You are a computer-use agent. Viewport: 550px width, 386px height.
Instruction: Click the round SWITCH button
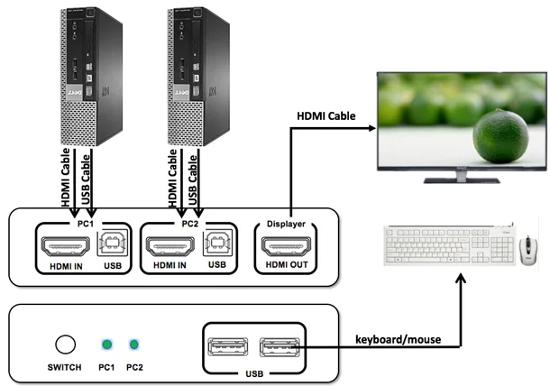tap(64, 344)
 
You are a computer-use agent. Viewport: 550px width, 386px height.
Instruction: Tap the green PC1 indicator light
tap(106, 344)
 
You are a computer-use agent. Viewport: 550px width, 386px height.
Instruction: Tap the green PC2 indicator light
tap(134, 344)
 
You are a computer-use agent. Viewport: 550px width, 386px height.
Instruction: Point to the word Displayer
tap(286, 223)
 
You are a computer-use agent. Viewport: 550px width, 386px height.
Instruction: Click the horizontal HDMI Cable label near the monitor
tap(325, 115)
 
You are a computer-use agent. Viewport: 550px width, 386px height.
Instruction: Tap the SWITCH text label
tap(64, 367)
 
